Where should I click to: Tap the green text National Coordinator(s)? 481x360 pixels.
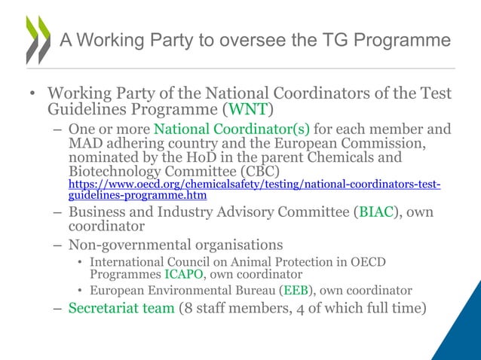click(231, 128)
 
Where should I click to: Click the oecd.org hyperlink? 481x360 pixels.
click(255, 189)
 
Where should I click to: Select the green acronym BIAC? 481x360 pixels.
click(375, 212)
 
